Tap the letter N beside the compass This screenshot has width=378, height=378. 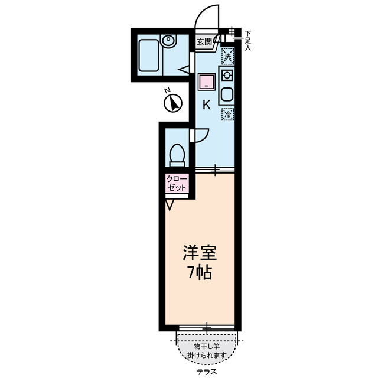(x=167, y=90)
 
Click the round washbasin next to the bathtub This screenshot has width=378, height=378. (x=170, y=42)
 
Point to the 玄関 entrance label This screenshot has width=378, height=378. (x=205, y=42)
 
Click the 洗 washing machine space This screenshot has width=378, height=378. (x=227, y=57)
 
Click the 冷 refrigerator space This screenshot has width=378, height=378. (x=227, y=115)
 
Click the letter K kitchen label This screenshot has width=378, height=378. (x=206, y=106)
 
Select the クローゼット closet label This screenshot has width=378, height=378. (x=177, y=183)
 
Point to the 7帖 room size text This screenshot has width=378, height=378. (x=198, y=274)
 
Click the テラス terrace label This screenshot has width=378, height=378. (x=207, y=372)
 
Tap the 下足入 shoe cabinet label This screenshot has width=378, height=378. (x=247, y=40)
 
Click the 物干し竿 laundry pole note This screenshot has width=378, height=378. (x=207, y=349)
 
